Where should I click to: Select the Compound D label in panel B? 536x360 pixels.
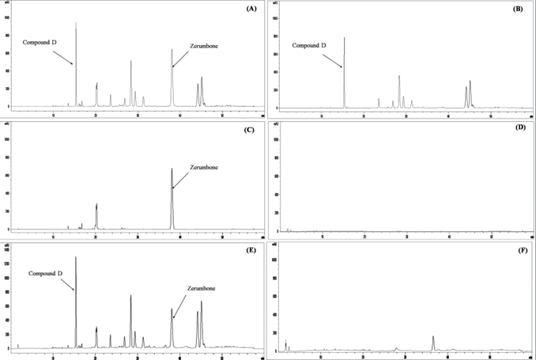tap(310, 45)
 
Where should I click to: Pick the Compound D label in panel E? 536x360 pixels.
tap(47, 273)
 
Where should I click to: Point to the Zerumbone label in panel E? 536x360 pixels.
tap(204, 288)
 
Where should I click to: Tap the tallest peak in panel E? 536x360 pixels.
tap(76, 259)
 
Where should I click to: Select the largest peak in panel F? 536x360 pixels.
tap(433, 339)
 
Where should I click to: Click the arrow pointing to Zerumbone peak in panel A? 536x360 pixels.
tap(181, 58)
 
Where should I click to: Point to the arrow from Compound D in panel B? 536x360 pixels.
tap(333, 58)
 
